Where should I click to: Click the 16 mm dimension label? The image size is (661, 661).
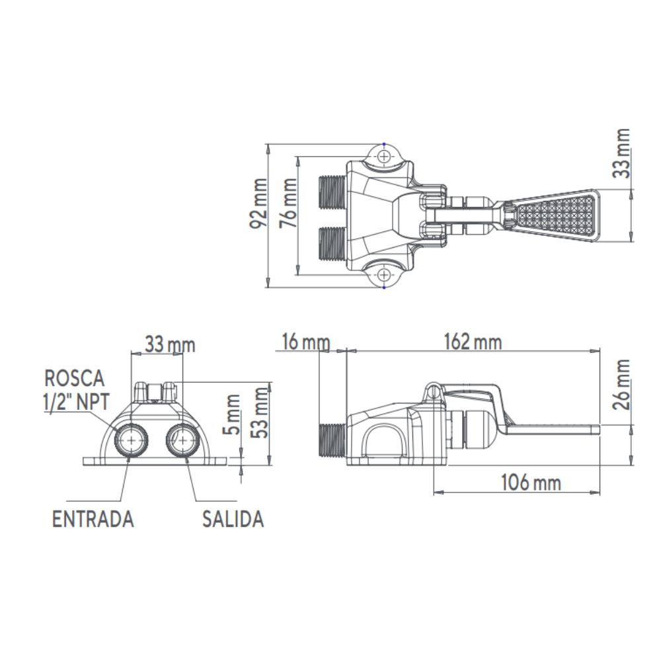point(305,342)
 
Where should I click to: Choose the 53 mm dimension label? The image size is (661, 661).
point(262,410)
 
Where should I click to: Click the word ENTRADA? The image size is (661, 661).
point(93,519)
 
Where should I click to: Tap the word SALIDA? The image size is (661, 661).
point(233,519)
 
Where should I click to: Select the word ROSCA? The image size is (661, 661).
point(75,378)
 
